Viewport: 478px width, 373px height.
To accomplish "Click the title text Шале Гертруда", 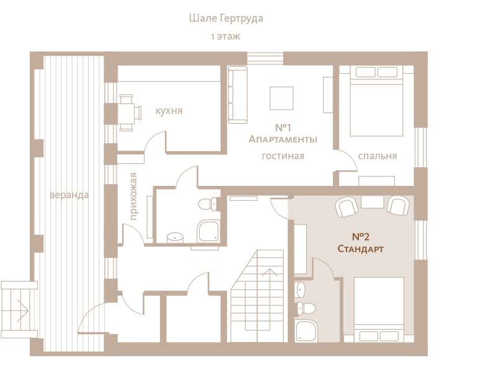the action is click(226, 19).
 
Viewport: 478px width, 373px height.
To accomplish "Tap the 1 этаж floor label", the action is click(226, 37).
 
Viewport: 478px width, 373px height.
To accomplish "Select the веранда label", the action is click(69, 195).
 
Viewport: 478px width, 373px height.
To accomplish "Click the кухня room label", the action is click(169, 111).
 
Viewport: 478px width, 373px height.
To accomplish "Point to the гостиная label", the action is click(283, 156).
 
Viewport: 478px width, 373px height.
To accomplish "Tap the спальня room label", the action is click(378, 156).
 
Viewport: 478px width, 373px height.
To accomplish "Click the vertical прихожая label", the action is click(133, 196).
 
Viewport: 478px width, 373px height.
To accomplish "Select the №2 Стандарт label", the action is click(361, 243).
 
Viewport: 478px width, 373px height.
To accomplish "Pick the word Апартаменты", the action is click(283, 139).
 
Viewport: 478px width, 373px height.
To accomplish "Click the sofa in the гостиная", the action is click(238, 95).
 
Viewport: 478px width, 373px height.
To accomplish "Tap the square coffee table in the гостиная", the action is click(281, 98).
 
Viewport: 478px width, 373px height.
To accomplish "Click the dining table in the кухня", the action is click(126, 113).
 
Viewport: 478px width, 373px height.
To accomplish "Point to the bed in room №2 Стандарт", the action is click(379, 309).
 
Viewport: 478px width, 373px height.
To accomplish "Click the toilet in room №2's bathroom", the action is click(306, 309).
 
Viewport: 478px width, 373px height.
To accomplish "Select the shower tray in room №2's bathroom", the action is click(307, 331).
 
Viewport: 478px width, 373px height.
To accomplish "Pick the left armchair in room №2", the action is click(347, 207).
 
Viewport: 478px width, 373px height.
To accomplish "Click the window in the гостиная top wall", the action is click(265, 58).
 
